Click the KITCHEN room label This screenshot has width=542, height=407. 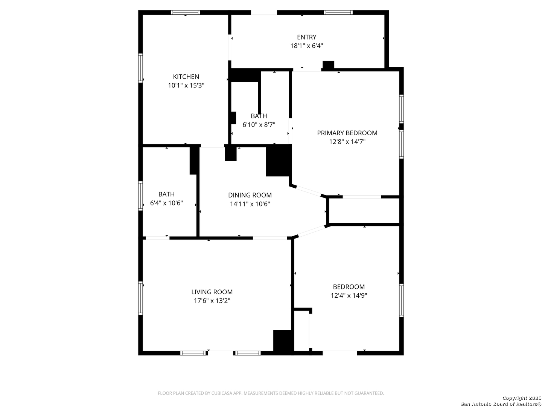pyautogui.click(x=186, y=77)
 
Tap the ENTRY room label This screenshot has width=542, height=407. pyautogui.click(x=306, y=37)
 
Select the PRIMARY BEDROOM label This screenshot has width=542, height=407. pyautogui.click(x=347, y=133)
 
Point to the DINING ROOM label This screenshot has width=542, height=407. pyautogui.click(x=250, y=195)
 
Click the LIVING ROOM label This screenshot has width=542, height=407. pyautogui.click(x=212, y=292)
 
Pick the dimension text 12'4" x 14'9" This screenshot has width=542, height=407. pyautogui.click(x=349, y=295)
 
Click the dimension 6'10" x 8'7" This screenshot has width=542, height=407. pyautogui.click(x=259, y=125)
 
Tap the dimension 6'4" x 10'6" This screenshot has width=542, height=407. pyautogui.click(x=166, y=203)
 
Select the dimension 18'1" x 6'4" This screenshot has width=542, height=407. pyautogui.click(x=306, y=46)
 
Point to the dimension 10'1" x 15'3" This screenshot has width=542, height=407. pyautogui.click(x=186, y=86)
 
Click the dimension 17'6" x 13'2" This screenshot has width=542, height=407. pyautogui.click(x=212, y=301)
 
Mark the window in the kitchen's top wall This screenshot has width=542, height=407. pyautogui.click(x=185, y=12)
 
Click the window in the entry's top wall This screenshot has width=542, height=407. pyautogui.click(x=338, y=12)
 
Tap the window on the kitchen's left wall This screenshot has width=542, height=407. pyautogui.click(x=140, y=68)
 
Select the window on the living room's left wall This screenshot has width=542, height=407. pyautogui.click(x=140, y=298)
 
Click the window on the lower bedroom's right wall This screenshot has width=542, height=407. pyautogui.click(x=402, y=300)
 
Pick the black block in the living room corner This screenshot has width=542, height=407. pyautogui.click(x=283, y=340)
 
